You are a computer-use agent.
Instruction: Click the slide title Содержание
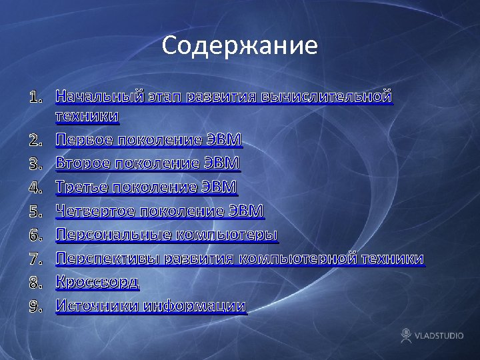pos(239,46)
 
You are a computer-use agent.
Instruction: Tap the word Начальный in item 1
pos(99,97)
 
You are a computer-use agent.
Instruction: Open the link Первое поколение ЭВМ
pos(148,140)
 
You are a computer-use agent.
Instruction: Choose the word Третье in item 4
pos(81,187)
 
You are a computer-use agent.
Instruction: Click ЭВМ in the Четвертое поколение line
pos(247,211)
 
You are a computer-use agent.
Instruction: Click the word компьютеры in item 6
pos(227,235)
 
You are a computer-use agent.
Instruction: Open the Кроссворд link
pos(97,282)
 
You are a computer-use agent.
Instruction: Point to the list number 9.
pos(36,306)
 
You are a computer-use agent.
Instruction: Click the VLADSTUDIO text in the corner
pos(439,335)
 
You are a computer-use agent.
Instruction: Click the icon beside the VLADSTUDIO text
pos(405,335)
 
